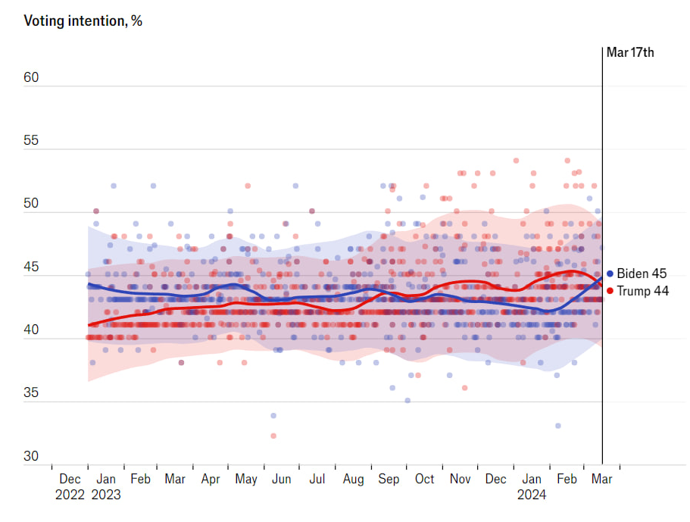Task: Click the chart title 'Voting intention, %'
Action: coord(83,20)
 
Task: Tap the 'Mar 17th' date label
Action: coord(630,52)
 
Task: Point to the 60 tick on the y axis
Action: coord(32,78)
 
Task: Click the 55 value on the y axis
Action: coord(32,141)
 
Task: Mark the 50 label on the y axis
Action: coord(32,204)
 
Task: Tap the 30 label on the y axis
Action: coord(32,456)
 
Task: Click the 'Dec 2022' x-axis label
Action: coord(70,486)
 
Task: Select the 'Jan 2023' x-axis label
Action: coord(105,486)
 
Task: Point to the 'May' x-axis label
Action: coord(246,479)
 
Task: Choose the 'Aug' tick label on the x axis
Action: coord(354,479)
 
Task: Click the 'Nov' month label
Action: coord(461,479)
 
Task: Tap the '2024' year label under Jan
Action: coord(532,495)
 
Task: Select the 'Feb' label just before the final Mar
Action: coord(567,479)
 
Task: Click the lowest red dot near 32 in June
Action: coord(273,436)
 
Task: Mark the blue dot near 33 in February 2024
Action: coord(558,426)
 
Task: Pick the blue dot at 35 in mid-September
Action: coord(407,400)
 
